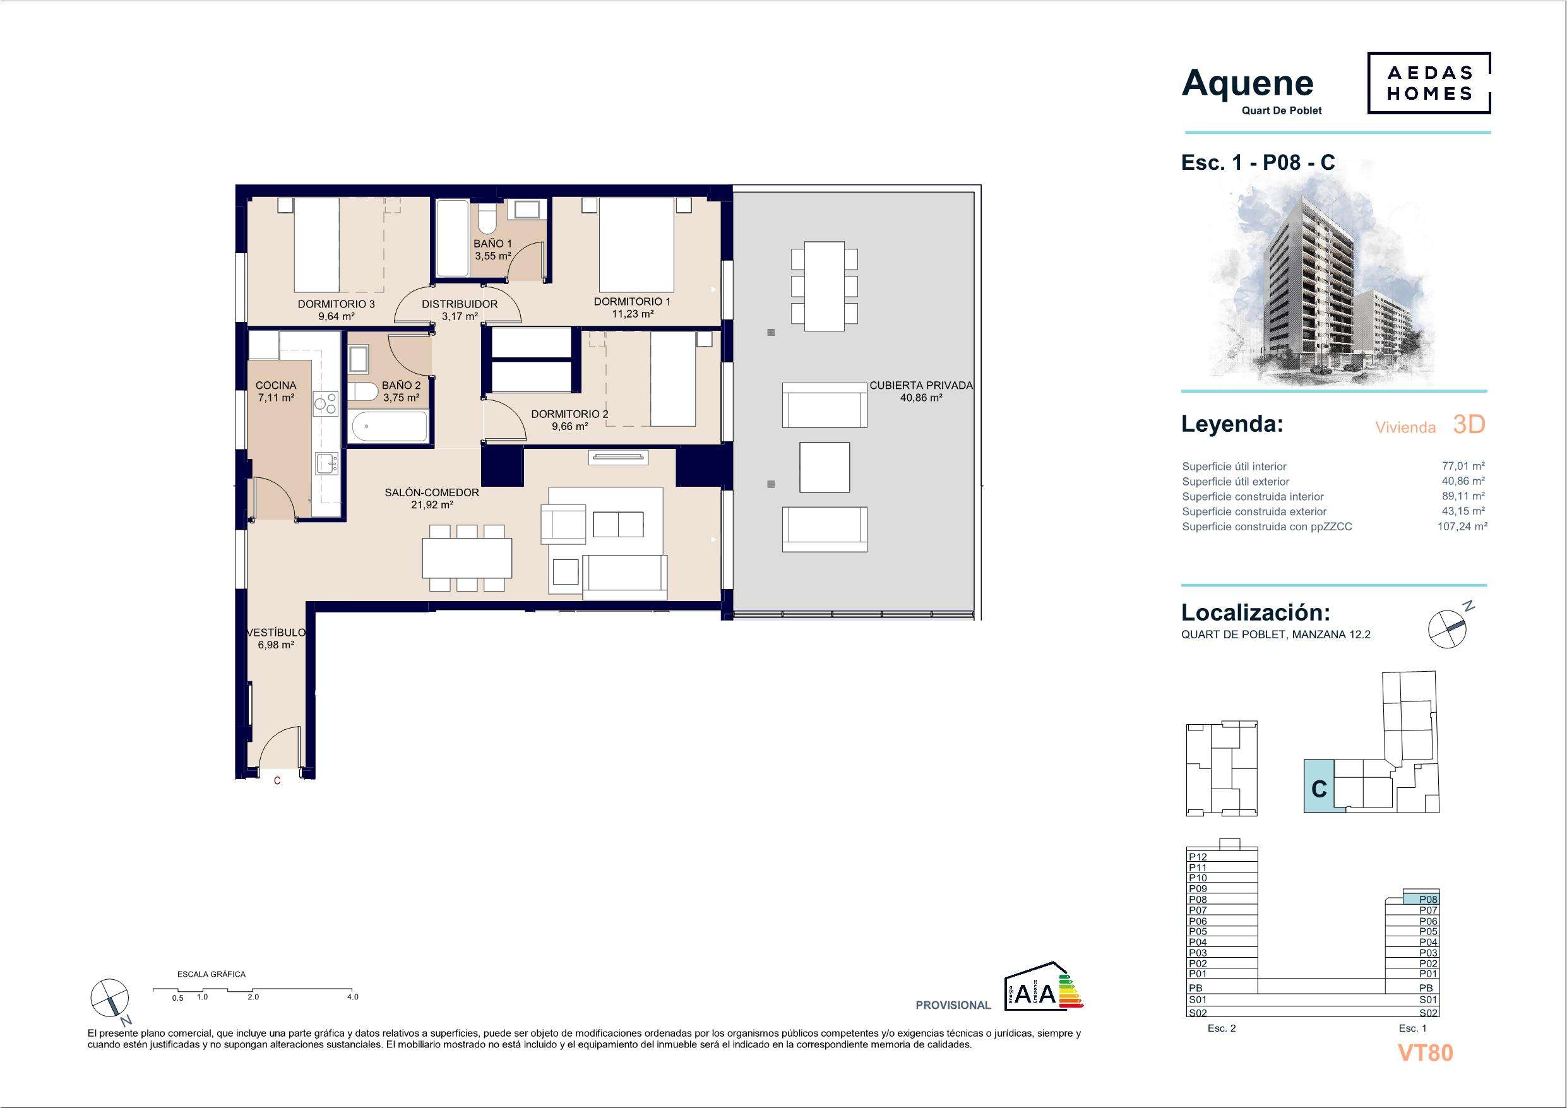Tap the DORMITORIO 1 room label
pos(632,301)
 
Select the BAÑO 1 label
pos(492,244)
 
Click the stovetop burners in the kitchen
pos(325,403)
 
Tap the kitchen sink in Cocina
pos(326,463)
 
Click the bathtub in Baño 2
pos(388,427)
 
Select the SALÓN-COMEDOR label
pos(431,492)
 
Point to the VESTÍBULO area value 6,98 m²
pos(275,645)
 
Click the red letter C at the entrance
pos(277,780)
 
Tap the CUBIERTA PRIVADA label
pos(921,385)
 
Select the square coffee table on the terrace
pos(825,467)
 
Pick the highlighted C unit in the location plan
pos(1319,786)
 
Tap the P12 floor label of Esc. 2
pos(1198,857)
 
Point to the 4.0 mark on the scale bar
pos(352,997)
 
